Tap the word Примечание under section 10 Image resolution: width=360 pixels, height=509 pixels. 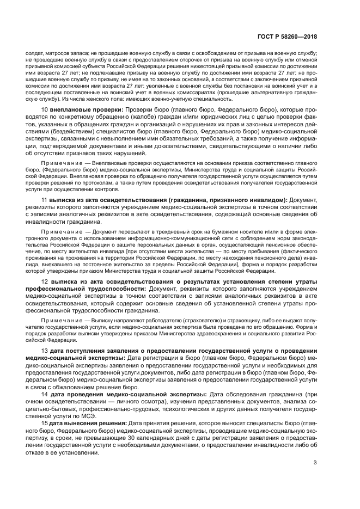60,163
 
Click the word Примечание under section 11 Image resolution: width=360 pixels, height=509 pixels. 60,231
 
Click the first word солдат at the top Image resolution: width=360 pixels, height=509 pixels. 34,54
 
